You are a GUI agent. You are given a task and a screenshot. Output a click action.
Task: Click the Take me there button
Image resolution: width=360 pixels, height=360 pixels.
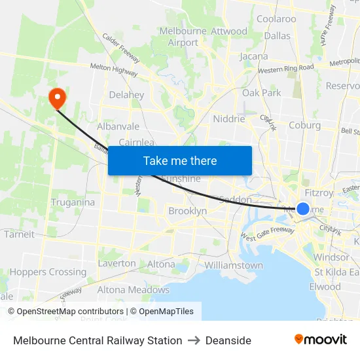coord(180,160)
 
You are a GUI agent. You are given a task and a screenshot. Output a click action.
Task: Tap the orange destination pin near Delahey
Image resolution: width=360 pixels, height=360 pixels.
coord(58,98)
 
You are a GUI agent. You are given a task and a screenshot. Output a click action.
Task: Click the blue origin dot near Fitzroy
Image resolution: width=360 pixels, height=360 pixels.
coord(303,209)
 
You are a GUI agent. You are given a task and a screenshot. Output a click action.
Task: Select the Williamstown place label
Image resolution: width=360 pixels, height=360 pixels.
coord(234,266)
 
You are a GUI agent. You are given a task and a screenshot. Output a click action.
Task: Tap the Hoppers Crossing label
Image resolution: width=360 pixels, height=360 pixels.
coord(48,272)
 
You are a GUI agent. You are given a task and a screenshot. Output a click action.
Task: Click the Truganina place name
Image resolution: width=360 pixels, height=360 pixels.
coord(73,202)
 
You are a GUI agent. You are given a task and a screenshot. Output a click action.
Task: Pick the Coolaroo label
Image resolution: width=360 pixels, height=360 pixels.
coord(276,19)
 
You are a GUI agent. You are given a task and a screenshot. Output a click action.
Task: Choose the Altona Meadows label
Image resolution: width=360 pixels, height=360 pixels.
coord(134,290)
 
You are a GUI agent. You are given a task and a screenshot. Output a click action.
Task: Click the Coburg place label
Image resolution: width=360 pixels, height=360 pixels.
coord(304,125)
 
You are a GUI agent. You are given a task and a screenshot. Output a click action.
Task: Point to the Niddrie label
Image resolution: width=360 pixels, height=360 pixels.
coord(229,119)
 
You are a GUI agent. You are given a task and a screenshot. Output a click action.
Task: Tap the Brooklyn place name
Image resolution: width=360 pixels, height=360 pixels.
coord(188,211)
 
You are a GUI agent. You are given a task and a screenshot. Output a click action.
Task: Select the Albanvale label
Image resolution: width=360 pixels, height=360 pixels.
coord(118,126)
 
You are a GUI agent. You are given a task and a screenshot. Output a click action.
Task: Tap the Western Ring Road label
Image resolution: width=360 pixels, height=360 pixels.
coord(286,67)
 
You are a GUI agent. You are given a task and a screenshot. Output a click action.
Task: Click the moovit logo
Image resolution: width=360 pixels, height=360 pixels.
coord(320,339)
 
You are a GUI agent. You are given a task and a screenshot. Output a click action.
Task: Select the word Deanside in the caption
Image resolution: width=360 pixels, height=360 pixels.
coord(228,340)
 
